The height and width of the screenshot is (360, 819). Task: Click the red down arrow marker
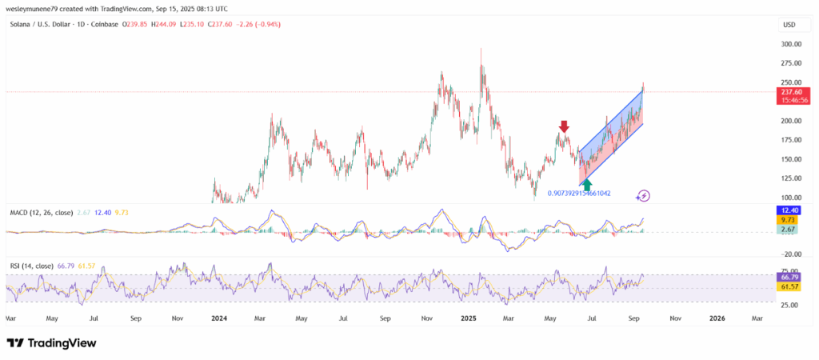point(564,126)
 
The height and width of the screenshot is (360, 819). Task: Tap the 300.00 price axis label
point(793,44)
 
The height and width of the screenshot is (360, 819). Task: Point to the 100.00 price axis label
point(793,198)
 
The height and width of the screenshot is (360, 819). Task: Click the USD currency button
point(790,25)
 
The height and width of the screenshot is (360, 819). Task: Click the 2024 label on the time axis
point(218,318)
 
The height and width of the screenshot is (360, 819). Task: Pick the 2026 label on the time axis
point(717,318)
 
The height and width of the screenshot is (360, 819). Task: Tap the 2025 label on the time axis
point(468,318)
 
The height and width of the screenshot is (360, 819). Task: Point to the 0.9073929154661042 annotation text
point(579,194)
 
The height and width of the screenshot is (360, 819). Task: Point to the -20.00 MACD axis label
point(792,254)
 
